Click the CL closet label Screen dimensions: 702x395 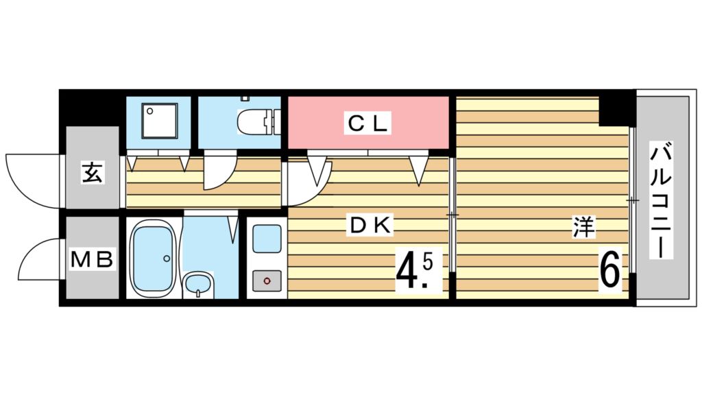pyautogui.click(x=367, y=123)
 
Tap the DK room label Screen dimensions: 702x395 pyautogui.click(x=371, y=226)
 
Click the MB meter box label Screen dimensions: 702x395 pyautogui.click(x=92, y=259)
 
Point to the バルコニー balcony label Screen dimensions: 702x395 pyautogui.click(x=662, y=200)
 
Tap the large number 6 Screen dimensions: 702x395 pyautogui.click(x=610, y=270)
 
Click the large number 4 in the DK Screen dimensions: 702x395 pyautogui.click(x=406, y=272)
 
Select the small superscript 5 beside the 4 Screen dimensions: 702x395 pyautogui.click(x=427, y=261)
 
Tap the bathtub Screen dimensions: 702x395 pyautogui.click(x=152, y=258)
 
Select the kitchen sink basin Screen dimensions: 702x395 pyautogui.click(x=267, y=239)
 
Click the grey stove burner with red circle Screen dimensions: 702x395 pyautogui.click(x=267, y=280)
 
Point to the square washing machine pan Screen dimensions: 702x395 pyautogui.click(x=160, y=121)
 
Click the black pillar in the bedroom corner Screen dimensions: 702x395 pyautogui.click(x=617, y=110)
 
